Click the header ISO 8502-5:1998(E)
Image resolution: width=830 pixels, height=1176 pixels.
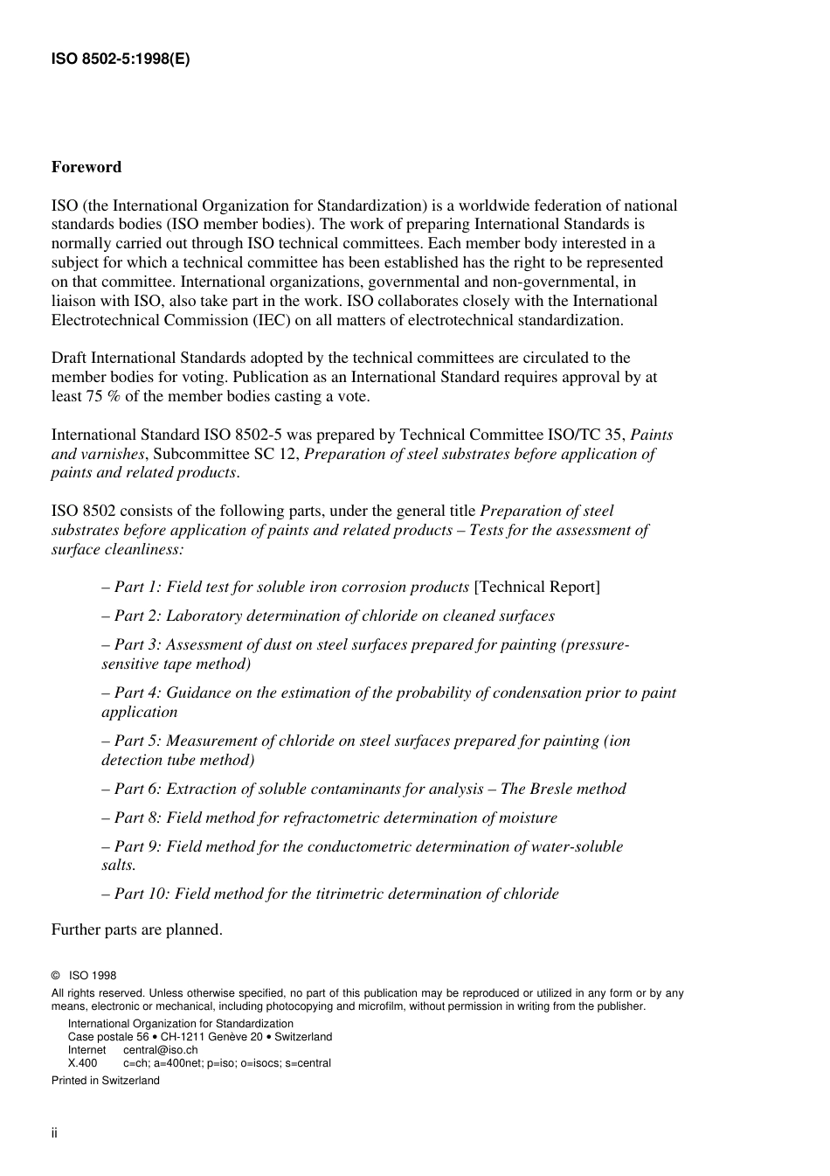pyautogui.click(x=121, y=59)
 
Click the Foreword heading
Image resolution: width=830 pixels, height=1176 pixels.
pyautogui.click(x=86, y=167)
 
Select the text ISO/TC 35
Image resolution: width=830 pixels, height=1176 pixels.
pyautogui.click(x=586, y=435)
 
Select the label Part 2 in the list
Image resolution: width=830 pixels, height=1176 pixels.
pyautogui.click(x=137, y=616)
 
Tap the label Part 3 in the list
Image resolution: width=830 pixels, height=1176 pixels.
pyautogui.click(x=137, y=644)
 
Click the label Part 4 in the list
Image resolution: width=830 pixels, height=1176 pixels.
pyautogui.click(x=137, y=692)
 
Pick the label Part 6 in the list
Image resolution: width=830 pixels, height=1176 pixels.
pyautogui.click(x=137, y=789)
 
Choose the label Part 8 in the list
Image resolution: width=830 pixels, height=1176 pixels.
pyautogui.click(x=137, y=818)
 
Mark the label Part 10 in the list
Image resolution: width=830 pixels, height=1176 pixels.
pyautogui.click(x=142, y=894)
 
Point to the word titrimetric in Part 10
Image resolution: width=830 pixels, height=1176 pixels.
pyautogui.click(x=353, y=894)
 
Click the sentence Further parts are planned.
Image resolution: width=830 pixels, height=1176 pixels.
pyautogui.click(x=137, y=929)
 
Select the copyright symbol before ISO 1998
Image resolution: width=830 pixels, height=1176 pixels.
pyautogui.click(x=56, y=976)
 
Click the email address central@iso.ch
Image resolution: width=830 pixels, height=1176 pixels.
pyautogui.click(x=160, y=1050)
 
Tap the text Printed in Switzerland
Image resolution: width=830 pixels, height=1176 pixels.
pyautogui.click(x=106, y=1081)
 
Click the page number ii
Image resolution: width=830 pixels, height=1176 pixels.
pyautogui.click(x=54, y=1133)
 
